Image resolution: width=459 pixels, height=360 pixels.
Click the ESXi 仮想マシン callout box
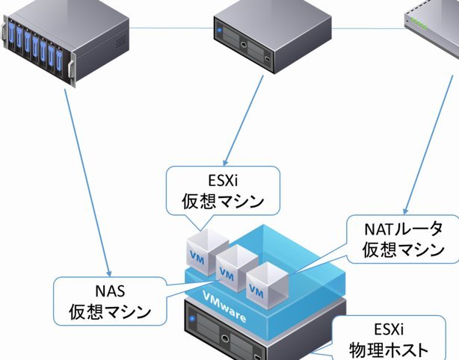[x=223, y=190]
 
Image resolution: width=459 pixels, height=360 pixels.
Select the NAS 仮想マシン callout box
[x=110, y=301]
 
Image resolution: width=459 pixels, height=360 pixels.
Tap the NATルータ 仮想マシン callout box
[x=403, y=239]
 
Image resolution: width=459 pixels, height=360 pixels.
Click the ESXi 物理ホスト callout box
[x=389, y=338]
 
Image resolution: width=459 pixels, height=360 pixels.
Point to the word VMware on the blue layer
[x=224, y=306]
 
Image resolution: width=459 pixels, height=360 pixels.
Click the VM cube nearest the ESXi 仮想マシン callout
[x=207, y=252]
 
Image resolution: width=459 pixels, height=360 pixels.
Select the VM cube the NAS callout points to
[x=237, y=268]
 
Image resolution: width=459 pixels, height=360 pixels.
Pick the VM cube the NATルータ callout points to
[x=268, y=285]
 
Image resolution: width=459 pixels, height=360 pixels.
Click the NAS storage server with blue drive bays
[x=66, y=41]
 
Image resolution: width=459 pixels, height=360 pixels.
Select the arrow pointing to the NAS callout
[x=87, y=182]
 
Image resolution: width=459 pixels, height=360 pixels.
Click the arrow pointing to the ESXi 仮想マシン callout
[x=244, y=120]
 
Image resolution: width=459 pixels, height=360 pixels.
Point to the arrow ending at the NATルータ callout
[x=428, y=144]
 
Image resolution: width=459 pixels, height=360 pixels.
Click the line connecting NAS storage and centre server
[x=171, y=28]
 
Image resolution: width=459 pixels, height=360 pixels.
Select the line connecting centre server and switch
[x=368, y=28]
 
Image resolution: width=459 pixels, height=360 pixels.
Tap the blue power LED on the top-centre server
[x=220, y=30]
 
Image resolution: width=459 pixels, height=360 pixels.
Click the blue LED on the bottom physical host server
[x=192, y=318]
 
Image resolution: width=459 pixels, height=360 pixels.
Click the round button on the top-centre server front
[x=244, y=45]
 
